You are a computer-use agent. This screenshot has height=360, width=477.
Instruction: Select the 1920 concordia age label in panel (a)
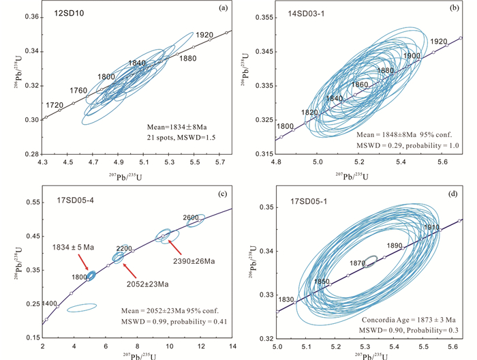[x=204, y=35]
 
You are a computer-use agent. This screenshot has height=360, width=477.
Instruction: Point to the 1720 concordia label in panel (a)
[x=55, y=105]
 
